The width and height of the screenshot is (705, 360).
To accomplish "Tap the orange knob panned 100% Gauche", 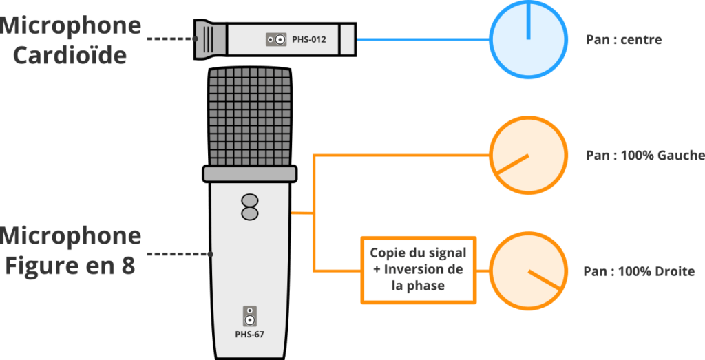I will pos(528,156).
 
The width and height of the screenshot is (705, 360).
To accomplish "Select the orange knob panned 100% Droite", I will pos(528,271).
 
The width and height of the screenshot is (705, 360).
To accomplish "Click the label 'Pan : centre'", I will pos(623,40).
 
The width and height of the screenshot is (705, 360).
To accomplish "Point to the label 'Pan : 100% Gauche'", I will pos(644,156).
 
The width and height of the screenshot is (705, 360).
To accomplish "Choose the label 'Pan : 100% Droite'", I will pos(638,271).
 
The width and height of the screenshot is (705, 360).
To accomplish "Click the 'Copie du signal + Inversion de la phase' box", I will pos(418,269).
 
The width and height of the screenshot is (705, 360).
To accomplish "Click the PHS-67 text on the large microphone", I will pos(249,335).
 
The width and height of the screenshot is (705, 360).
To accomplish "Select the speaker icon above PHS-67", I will pos(249,317).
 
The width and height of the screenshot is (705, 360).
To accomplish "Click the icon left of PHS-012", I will pos(276,41).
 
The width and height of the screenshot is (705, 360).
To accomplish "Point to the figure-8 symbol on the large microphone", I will pos(250,207).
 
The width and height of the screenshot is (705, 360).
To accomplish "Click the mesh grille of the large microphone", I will pos(250,115).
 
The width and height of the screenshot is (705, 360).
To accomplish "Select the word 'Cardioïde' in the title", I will pos(70,56).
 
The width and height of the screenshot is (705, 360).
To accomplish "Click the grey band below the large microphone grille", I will pos(250,173).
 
